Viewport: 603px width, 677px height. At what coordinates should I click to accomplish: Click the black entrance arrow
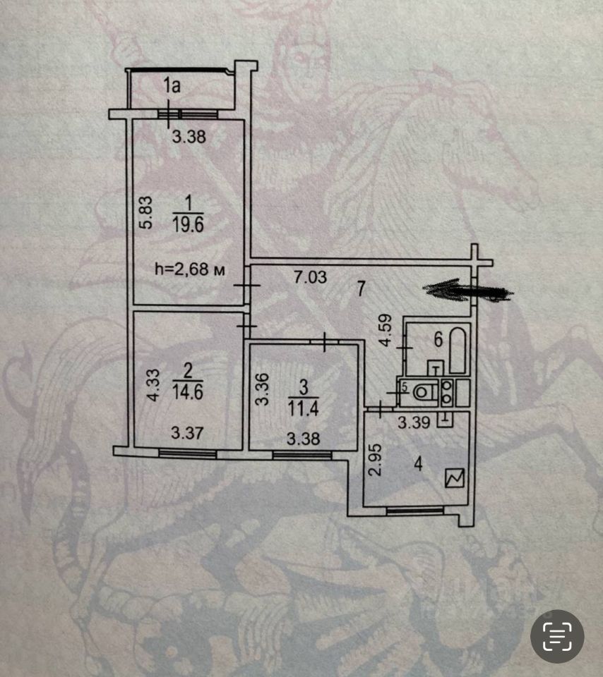pyautogui.click(x=469, y=291)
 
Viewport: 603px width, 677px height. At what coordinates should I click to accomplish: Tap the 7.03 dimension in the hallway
pyautogui.click(x=310, y=277)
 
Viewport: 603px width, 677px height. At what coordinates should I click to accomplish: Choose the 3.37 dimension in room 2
pyautogui.click(x=188, y=433)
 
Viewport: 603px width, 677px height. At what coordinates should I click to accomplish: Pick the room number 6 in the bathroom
pyautogui.click(x=437, y=341)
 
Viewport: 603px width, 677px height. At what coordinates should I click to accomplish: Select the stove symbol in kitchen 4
pyautogui.click(x=453, y=480)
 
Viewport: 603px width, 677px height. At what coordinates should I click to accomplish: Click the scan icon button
pyautogui.click(x=557, y=636)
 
